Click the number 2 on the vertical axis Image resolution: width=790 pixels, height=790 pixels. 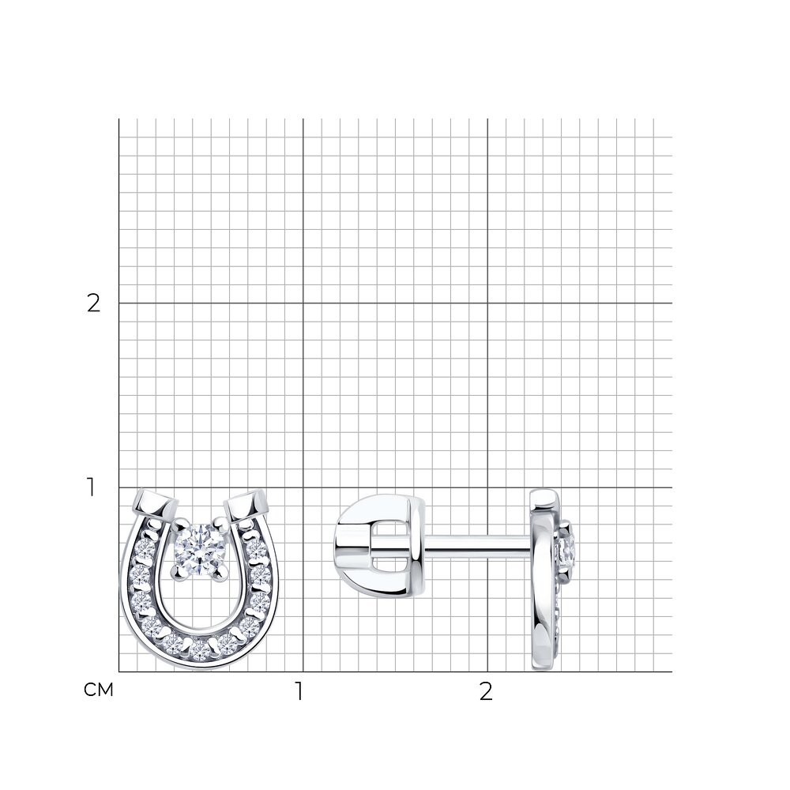(94, 303)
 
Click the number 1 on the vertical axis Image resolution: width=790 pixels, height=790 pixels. (91, 487)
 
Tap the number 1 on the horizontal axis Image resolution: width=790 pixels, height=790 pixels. (299, 691)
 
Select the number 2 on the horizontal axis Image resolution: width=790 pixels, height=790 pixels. (486, 691)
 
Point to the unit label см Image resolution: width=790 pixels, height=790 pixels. (99, 690)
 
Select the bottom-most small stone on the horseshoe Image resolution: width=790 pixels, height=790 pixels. (201, 650)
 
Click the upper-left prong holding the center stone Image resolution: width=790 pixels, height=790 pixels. (177, 525)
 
